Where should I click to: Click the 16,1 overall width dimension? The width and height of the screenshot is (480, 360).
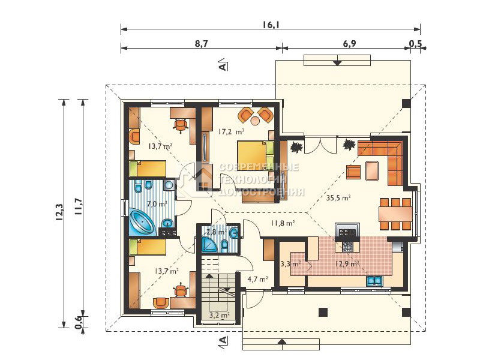tap(271, 25)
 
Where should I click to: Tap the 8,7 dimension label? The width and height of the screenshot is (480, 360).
tap(202, 43)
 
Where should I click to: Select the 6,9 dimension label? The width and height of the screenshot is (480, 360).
tap(349, 43)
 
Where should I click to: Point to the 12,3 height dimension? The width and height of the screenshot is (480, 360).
tap(59, 212)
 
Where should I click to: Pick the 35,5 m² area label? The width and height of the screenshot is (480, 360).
tap(338, 198)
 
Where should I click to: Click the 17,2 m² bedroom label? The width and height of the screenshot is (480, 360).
tap(231, 132)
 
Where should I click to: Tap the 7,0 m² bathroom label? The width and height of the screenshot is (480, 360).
tap(157, 203)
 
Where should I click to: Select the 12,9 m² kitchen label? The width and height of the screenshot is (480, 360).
tap(347, 263)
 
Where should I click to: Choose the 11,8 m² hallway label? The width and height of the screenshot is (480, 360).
tap(283, 223)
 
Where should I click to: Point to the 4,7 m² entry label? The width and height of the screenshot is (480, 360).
tap(257, 279)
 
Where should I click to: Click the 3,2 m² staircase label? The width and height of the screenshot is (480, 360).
tap(220, 314)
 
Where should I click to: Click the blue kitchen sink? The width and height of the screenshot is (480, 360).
tap(374, 280)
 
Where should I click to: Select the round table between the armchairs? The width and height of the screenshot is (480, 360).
tap(255, 121)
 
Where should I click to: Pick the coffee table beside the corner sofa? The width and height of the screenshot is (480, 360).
tap(372, 170)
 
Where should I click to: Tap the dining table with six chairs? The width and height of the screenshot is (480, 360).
tap(395, 214)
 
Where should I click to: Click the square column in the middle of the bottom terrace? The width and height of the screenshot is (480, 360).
tap(323, 312)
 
